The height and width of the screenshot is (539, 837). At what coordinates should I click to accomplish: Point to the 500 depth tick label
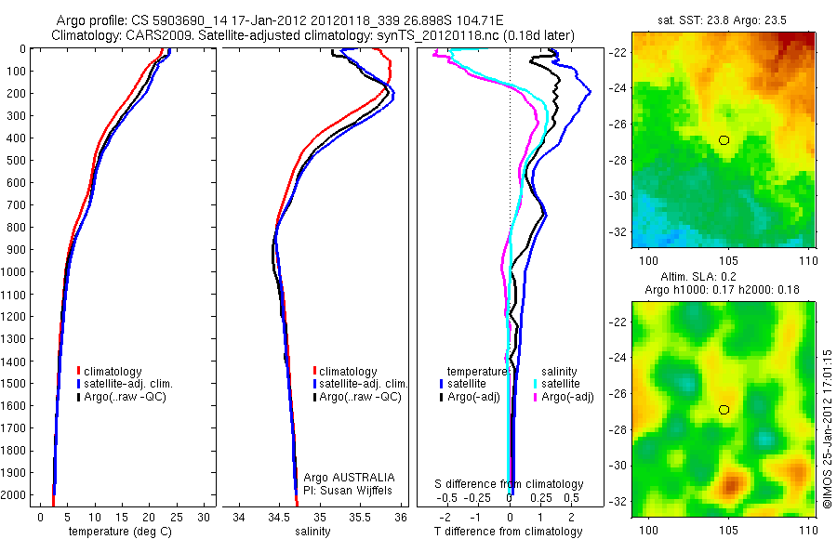[16, 160]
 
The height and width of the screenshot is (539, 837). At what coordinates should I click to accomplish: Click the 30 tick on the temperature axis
[205, 517]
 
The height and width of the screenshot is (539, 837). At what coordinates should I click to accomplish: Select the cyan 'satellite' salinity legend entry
[560, 384]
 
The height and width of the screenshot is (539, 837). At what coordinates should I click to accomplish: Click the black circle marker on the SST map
[724, 140]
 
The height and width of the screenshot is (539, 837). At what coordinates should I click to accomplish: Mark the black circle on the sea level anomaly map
[724, 410]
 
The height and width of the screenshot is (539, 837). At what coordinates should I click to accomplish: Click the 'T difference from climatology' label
[510, 532]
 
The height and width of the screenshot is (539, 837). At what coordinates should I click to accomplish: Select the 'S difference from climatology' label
[510, 484]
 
